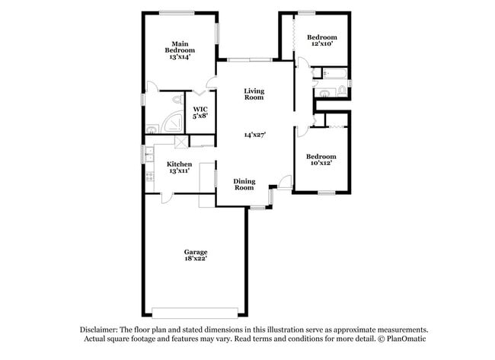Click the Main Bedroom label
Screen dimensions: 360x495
[180, 46]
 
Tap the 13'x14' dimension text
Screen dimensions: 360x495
[180, 57]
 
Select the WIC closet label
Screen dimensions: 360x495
[201, 109]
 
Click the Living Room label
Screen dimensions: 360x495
[254, 94]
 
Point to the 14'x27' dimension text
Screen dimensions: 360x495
[254, 135]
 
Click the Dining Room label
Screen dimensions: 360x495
[244, 184]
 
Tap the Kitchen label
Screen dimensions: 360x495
[179, 164]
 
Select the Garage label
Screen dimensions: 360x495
[195, 252]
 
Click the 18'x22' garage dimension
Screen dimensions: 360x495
[195, 259]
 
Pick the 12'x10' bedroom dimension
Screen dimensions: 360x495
[321, 44]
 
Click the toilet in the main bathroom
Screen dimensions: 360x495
[177, 100]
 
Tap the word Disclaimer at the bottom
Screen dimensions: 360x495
[98, 329]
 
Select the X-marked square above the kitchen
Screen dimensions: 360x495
[180, 141]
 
